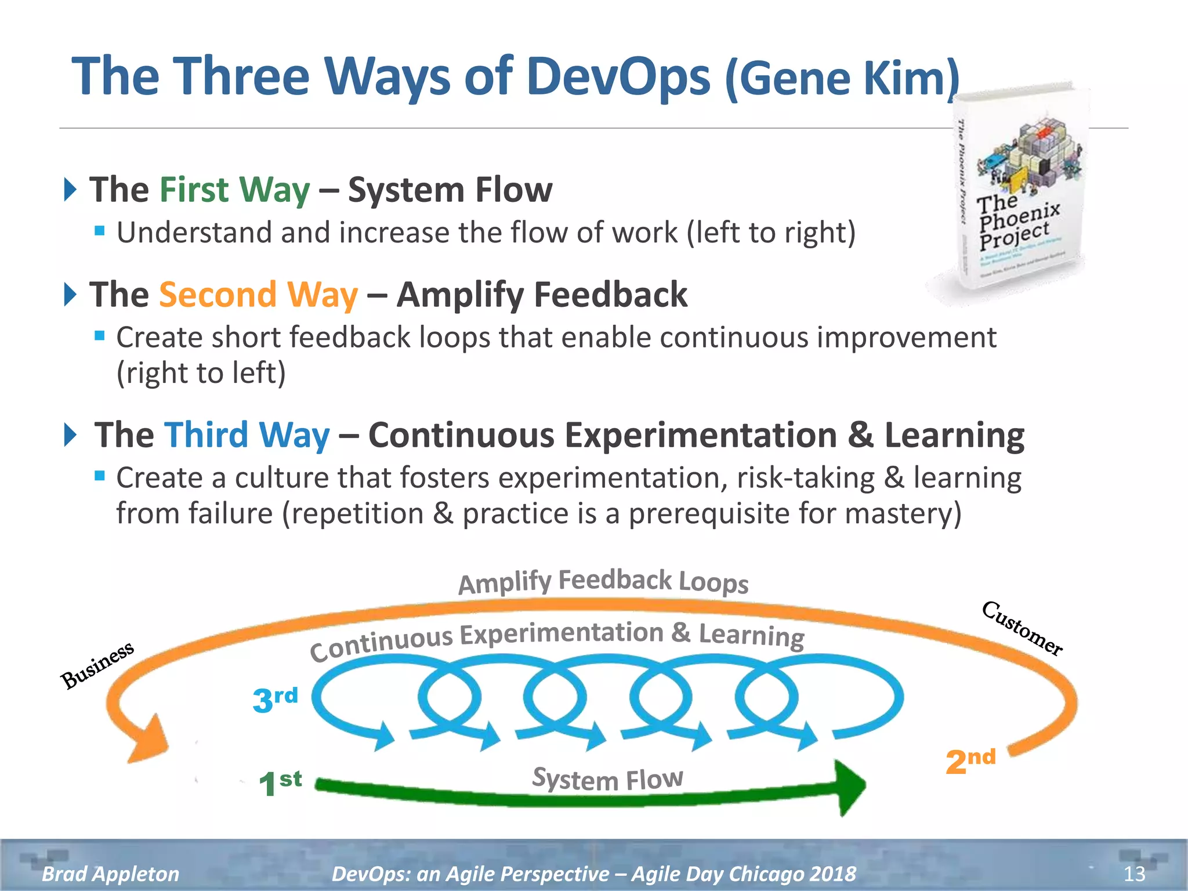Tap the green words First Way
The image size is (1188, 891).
click(234, 190)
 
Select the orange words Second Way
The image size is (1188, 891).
click(258, 295)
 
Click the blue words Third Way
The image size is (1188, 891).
click(247, 435)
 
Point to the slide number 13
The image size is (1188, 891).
click(1134, 873)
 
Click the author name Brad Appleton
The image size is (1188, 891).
click(110, 873)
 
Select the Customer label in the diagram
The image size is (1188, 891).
click(1022, 628)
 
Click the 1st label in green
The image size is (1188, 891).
click(280, 783)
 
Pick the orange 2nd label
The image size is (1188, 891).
click(970, 761)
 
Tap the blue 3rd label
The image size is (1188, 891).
click(275, 699)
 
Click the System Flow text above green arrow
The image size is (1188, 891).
click(607, 778)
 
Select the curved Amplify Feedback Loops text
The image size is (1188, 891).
click(603, 581)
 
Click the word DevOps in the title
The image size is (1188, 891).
click(618, 77)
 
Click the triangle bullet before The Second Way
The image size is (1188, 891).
click(70, 294)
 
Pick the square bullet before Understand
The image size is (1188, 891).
click(100, 231)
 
